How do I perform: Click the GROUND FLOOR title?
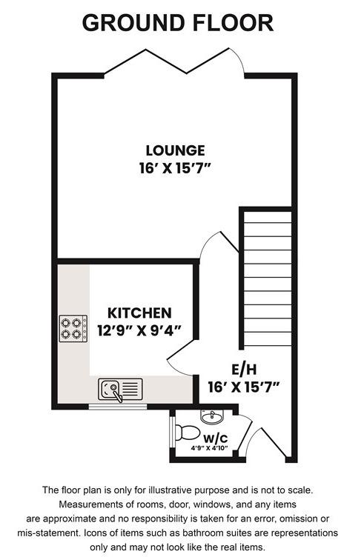(178, 23)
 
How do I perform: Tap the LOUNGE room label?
(175, 150)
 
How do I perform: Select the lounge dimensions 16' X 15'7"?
(175, 168)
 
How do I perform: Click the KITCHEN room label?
(139, 313)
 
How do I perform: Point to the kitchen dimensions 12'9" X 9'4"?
(139, 331)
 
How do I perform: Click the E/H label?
(244, 370)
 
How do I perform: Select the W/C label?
(216, 438)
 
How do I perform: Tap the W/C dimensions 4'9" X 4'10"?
(209, 448)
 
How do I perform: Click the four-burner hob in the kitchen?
(73, 329)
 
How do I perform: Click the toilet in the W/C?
(186, 433)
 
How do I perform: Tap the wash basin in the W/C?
(212, 416)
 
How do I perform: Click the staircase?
(268, 278)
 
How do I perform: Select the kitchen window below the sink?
(118, 407)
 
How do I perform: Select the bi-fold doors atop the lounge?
(174, 61)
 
